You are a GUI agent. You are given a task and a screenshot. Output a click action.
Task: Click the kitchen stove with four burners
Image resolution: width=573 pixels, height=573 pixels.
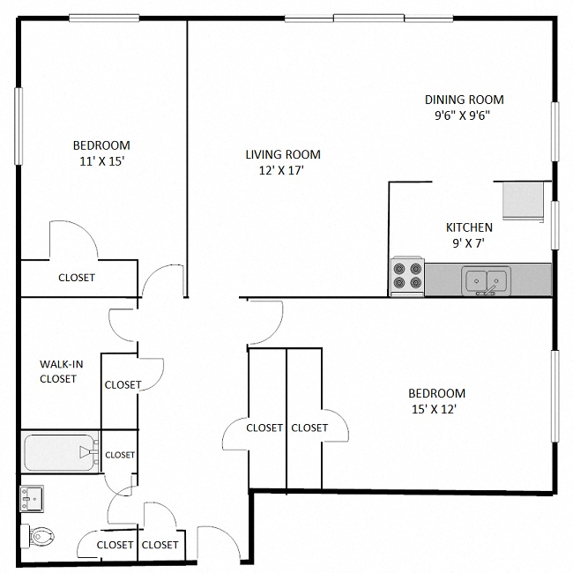(406, 276)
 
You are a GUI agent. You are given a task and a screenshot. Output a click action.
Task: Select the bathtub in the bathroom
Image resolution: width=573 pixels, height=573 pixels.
(60, 453)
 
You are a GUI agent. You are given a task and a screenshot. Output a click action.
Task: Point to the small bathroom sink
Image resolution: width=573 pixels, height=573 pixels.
(32, 500)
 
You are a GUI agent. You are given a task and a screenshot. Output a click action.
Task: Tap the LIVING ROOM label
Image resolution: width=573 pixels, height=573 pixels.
(282, 154)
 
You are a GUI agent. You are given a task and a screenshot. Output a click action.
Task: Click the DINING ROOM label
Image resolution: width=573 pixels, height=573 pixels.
(464, 100)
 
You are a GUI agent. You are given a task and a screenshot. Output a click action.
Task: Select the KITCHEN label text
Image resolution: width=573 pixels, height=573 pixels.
(469, 227)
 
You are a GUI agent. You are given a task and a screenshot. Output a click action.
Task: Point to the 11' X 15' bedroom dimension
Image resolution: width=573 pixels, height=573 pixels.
(101, 161)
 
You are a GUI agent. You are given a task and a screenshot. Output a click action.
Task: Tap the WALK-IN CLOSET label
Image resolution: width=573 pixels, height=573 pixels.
(58, 371)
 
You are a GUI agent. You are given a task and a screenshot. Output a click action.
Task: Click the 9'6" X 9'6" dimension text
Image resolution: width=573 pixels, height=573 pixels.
(464, 115)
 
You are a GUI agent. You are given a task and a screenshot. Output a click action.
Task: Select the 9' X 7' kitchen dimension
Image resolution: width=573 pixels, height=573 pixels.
(469, 243)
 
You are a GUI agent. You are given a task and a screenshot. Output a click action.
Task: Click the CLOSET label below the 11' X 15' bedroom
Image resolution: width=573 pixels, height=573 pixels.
(77, 278)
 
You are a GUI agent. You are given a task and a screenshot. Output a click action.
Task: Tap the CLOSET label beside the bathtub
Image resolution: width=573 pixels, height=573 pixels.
(120, 455)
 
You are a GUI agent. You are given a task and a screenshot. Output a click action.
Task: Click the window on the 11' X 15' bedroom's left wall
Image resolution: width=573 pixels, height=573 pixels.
(18, 126)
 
